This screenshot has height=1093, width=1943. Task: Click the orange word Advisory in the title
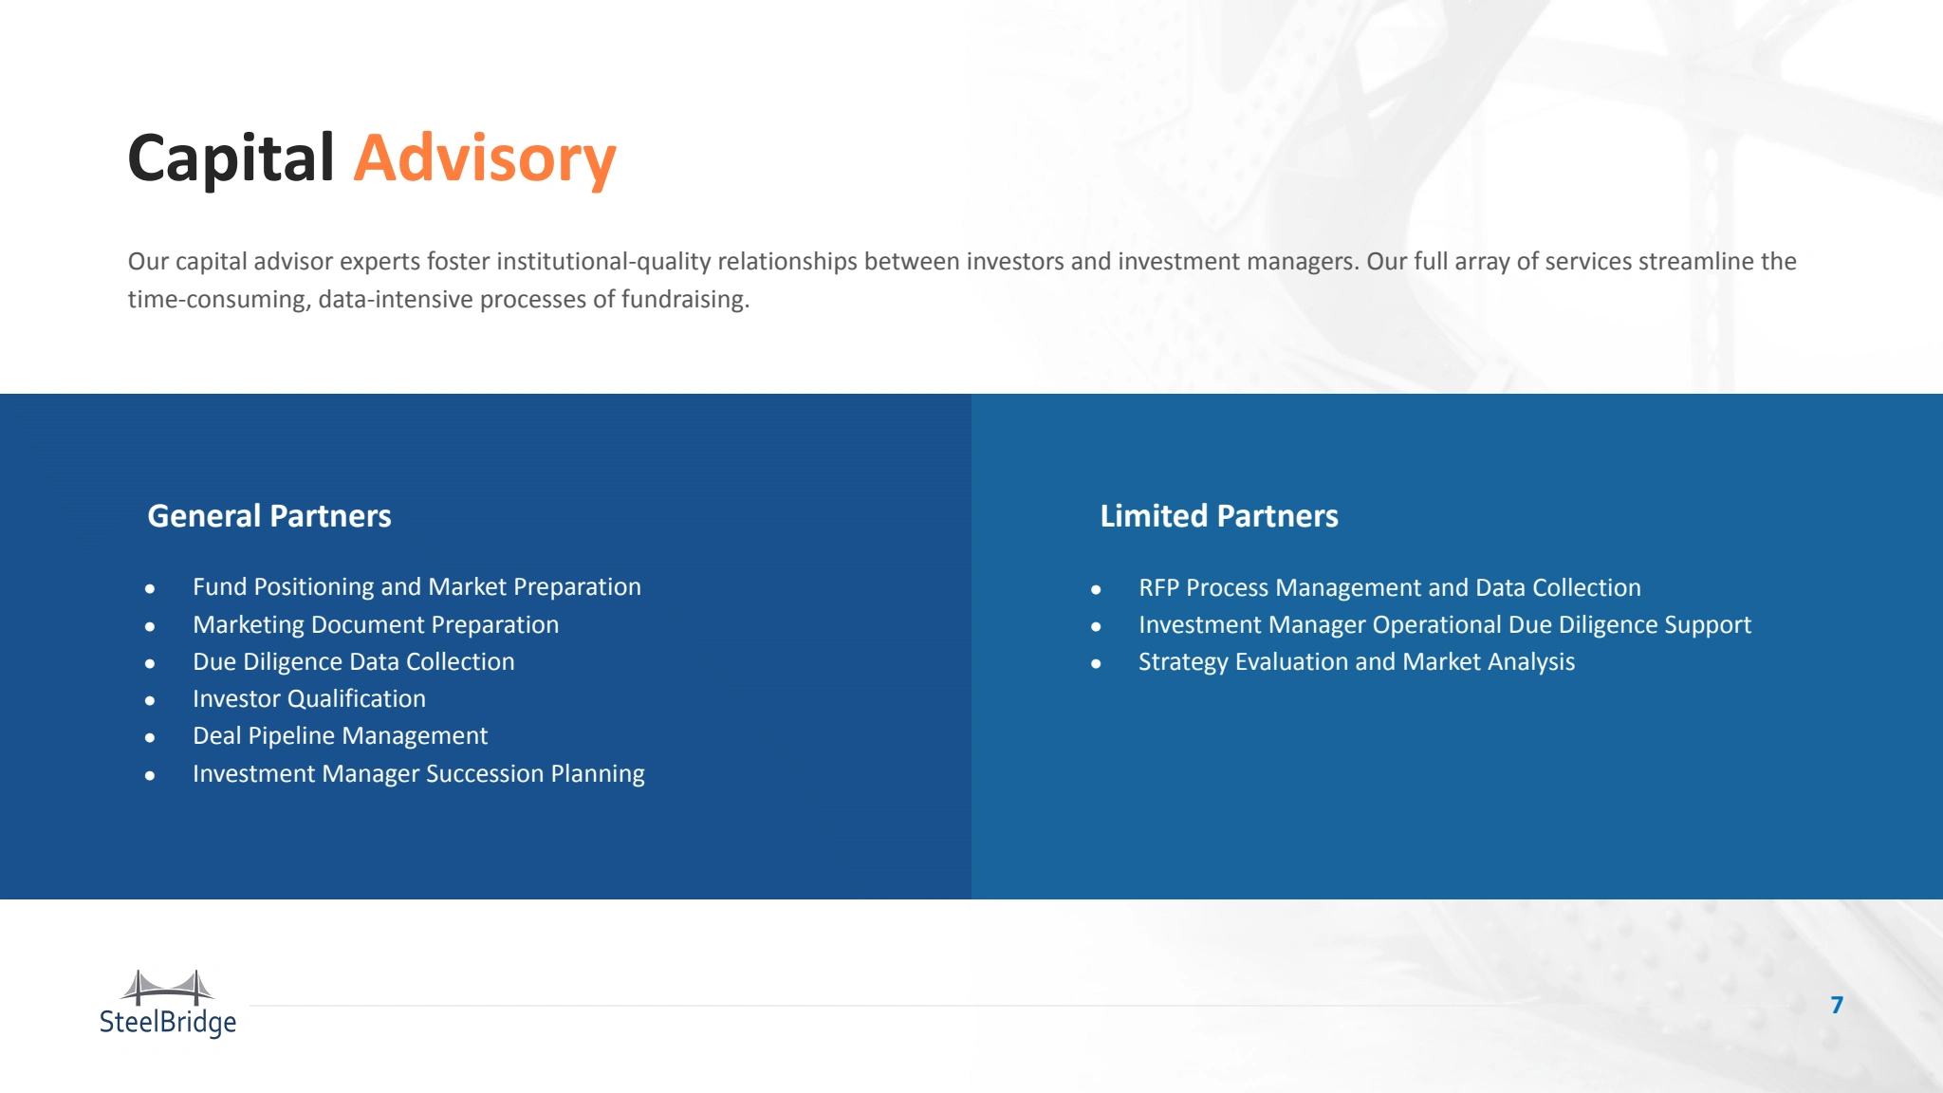click(x=485, y=159)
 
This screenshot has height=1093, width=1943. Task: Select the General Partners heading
click(x=269, y=516)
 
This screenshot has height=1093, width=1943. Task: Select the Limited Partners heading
click(x=1219, y=516)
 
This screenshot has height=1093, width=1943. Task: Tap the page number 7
click(x=1838, y=1005)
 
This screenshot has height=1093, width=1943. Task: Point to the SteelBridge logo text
click(x=168, y=1023)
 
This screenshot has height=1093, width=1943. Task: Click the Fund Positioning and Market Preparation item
click(x=416, y=587)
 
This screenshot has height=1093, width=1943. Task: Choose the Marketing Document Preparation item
click(x=376, y=624)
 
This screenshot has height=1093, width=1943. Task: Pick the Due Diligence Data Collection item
click(x=354, y=662)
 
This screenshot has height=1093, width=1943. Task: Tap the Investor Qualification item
click(x=309, y=699)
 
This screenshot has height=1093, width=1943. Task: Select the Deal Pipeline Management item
click(x=340, y=736)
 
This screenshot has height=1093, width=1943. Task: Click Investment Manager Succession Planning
click(x=418, y=774)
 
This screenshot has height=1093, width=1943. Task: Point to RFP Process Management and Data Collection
click(x=1390, y=588)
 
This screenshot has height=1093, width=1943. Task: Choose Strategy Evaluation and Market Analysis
click(x=1357, y=662)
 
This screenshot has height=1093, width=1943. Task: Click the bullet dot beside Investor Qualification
click(x=150, y=701)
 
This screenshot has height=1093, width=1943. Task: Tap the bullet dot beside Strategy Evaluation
click(x=1096, y=664)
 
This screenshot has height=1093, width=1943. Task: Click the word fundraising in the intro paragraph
click(x=685, y=300)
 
